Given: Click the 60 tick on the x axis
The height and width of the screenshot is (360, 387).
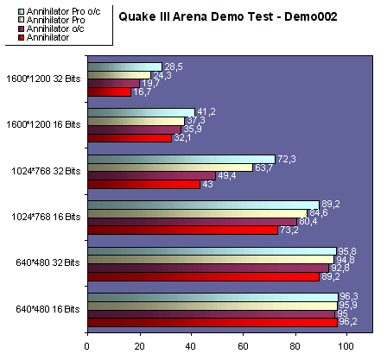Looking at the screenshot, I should pos(242,348).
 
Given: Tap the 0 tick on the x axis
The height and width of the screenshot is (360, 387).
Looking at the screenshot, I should pos(86,348).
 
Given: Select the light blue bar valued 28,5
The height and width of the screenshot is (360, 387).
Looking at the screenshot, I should pos(124,66).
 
